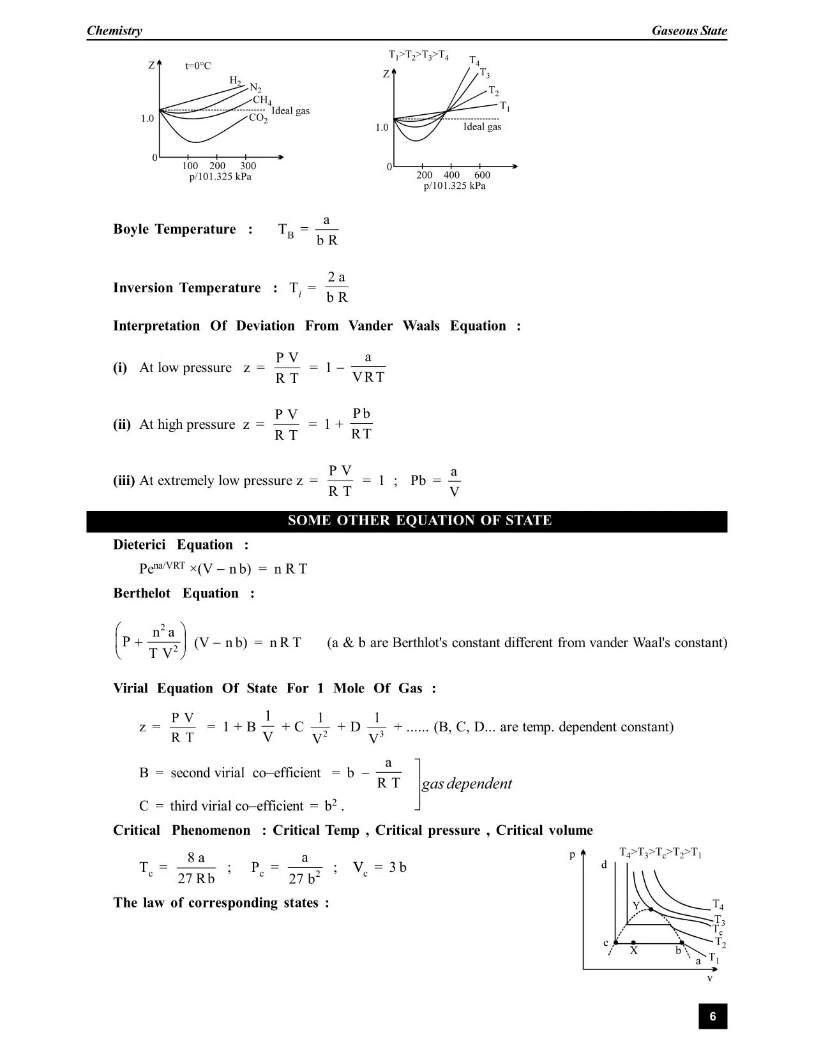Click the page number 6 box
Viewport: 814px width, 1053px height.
tap(712, 1017)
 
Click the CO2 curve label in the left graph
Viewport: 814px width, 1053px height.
tap(258, 118)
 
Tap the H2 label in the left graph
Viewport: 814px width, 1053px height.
tap(235, 80)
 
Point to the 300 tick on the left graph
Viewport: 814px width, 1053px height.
tap(248, 166)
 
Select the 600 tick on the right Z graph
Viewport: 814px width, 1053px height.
tap(482, 175)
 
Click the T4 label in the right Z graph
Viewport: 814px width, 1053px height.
tap(474, 61)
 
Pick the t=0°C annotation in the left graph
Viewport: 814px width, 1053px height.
tap(198, 66)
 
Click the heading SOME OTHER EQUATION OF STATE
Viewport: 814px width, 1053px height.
tap(419, 521)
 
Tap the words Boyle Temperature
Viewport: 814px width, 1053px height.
tap(174, 230)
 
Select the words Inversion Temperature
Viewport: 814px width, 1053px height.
tap(186, 288)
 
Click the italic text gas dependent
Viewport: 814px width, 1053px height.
tap(467, 784)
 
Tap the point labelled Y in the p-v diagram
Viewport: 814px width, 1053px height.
tap(650, 909)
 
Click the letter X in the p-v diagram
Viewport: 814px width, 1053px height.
tap(633, 951)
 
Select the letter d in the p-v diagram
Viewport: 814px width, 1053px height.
tap(604, 865)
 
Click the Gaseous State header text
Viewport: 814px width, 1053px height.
tap(689, 31)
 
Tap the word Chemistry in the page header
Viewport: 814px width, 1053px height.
tap(114, 31)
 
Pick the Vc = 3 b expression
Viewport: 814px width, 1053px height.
tap(380, 868)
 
